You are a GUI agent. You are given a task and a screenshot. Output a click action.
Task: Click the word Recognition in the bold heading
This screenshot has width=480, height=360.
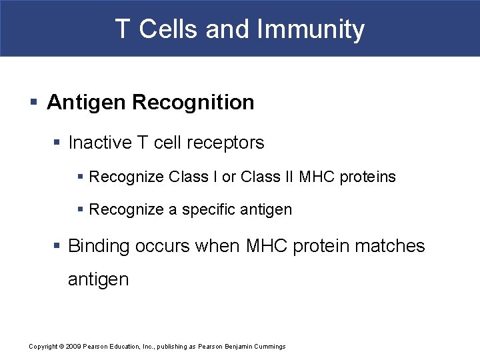(193, 103)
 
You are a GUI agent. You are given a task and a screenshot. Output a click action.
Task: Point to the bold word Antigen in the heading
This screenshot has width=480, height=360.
(87, 103)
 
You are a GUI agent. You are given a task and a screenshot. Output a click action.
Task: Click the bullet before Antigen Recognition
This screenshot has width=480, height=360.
(34, 103)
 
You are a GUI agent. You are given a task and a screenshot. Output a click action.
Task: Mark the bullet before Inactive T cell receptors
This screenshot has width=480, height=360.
(59, 143)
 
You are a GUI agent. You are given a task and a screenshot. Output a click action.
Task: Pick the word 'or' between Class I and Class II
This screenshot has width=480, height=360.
(229, 177)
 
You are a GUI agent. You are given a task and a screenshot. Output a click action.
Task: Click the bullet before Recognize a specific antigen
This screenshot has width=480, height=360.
(81, 210)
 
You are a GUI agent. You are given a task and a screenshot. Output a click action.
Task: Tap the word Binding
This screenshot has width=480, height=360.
(99, 246)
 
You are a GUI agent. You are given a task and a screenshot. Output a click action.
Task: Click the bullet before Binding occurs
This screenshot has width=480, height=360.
(59, 246)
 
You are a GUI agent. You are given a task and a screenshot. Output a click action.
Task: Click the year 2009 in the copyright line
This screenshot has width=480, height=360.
(73, 347)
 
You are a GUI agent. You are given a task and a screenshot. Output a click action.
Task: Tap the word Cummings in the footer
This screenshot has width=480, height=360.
(269, 347)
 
